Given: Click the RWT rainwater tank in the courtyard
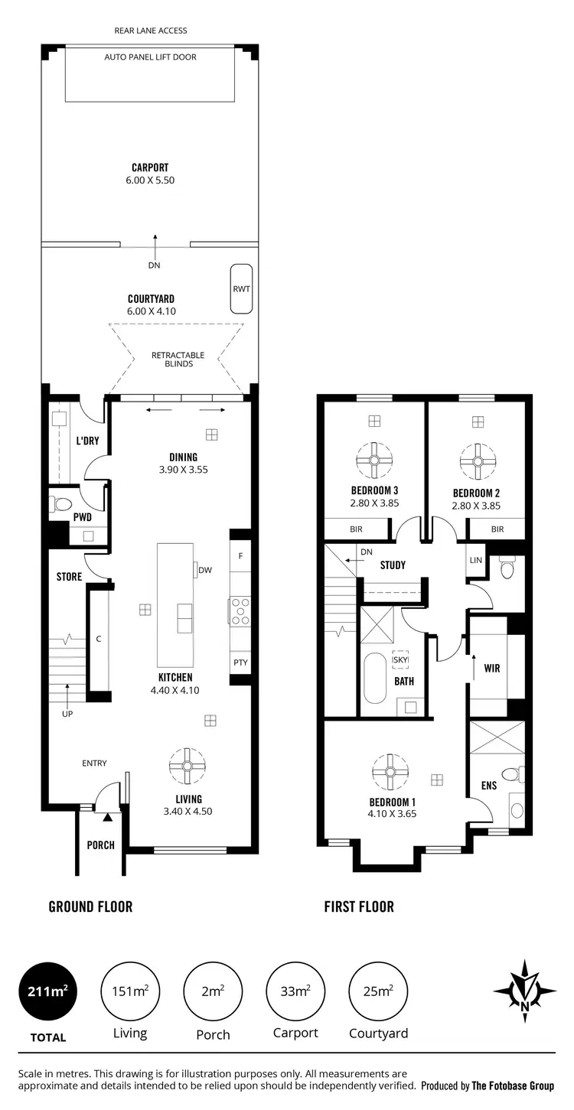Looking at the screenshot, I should (242, 289).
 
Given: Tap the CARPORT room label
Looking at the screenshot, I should (150, 168).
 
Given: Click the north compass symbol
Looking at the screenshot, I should (524, 991).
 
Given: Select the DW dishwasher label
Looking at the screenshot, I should (204, 570).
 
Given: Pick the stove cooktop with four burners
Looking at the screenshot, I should (240, 611).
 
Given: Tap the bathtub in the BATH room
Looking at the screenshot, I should (375, 678).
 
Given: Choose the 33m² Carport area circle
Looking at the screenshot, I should (295, 991).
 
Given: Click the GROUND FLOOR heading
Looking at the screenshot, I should (90, 907).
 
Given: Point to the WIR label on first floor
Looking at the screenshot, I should (492, 668).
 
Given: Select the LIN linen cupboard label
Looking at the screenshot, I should (475, 560).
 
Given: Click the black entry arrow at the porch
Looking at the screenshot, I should (107, 818).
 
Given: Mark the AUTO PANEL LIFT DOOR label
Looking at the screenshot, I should (150, 57).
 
